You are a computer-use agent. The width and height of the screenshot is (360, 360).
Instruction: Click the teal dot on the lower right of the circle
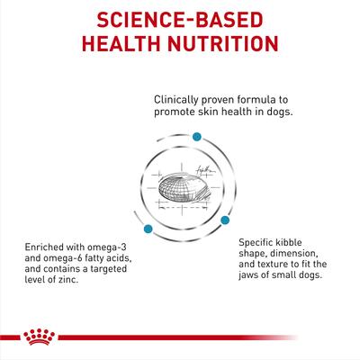[x=227, y=219]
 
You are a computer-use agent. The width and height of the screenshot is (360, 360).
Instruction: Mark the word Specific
[x=261, y=241]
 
